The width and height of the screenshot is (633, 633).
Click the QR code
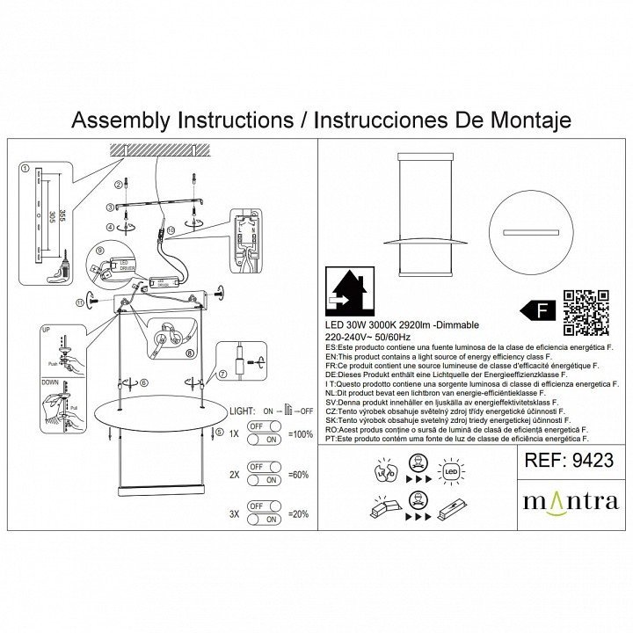(586, 313)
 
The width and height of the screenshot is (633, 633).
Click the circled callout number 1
(25, 168)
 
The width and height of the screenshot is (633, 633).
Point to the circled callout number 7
(222, 375)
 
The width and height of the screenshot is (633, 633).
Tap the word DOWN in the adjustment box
(50, 382)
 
